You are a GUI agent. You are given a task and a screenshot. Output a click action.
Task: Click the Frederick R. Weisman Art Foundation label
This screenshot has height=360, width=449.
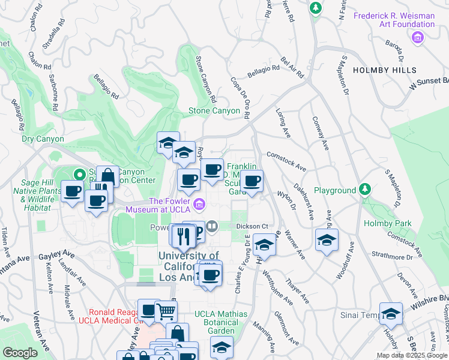[x=402, y=20]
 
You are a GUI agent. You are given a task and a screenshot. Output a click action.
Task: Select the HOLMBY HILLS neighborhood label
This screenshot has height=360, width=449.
[x=384, y=70]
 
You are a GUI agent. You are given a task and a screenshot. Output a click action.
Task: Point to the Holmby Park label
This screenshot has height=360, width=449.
[x=387, y=224]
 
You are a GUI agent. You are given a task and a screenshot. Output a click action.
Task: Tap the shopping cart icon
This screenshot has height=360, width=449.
[x=166, y=311]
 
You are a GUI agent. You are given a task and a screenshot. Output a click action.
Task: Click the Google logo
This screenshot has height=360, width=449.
[x=20, y=353]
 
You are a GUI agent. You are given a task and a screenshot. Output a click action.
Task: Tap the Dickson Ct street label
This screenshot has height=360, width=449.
[x=250, y=226]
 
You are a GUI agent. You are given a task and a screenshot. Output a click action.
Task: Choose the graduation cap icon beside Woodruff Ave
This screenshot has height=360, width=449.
[x=326, y=240]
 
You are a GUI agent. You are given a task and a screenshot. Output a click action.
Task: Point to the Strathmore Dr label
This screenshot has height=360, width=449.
[x=393, y=257]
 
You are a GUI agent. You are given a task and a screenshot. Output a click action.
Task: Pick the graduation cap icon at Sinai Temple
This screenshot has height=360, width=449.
[x=391, y=314]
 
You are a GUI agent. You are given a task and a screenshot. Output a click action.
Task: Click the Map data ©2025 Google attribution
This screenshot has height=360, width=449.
[x=411, y=355]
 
